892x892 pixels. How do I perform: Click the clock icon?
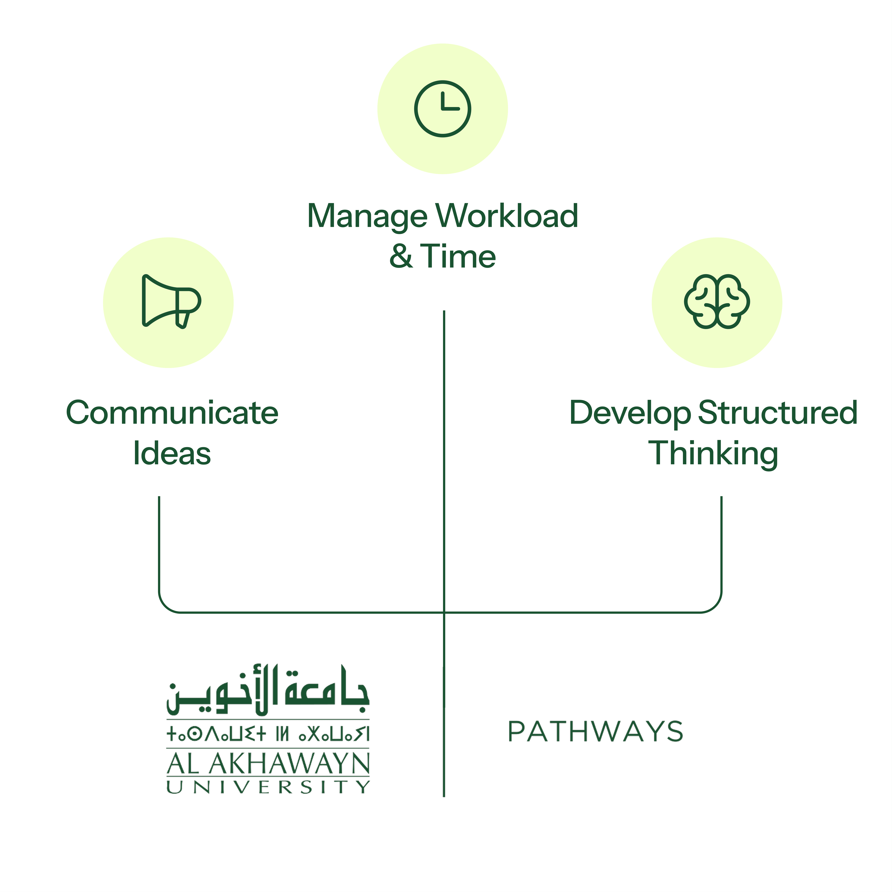(442, 109)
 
